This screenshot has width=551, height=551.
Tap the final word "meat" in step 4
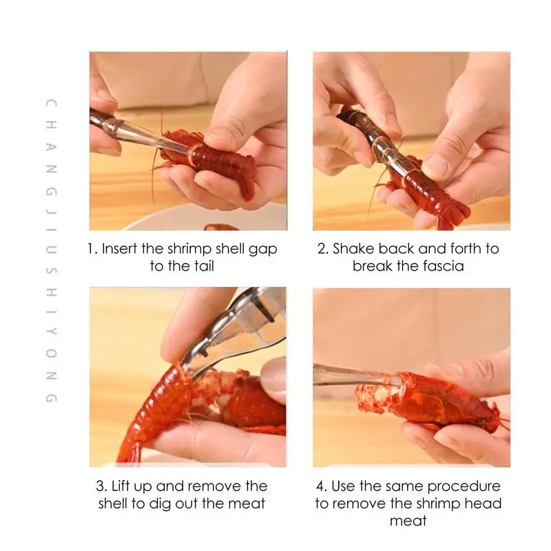[408, 521]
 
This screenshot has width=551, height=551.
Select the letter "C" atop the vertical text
[52, 104]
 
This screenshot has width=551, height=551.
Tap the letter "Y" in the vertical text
[52, 331]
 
